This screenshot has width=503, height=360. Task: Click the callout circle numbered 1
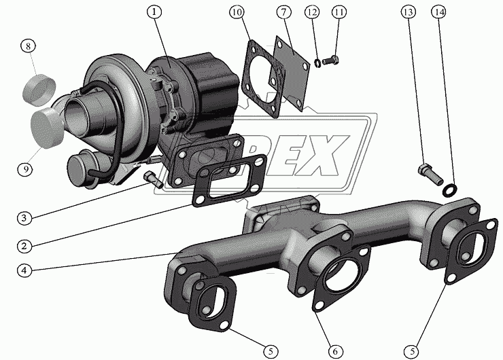[154, 12]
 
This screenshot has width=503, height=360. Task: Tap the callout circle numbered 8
[29, 46]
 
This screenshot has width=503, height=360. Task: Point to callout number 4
[24, 270]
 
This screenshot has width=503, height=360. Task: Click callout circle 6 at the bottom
[335, 352]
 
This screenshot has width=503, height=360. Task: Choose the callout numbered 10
[237, 12]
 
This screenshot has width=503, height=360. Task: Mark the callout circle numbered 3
[24, 218]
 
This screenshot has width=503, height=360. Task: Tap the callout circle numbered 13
[408, 12]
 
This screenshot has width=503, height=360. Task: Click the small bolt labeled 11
[330, 60]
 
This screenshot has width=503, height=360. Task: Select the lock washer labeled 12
[317, 64]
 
